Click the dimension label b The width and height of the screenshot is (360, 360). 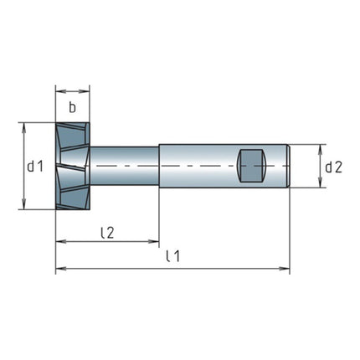click(x=73, y=106)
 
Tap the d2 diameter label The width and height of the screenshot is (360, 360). click(x=333, y=166)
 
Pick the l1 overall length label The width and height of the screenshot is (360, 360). click(x=172, y=256)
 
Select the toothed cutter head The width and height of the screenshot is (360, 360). click(x=73, y=166)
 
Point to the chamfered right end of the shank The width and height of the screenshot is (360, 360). click(x=288, y=166)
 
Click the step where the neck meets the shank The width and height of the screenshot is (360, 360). click(x=158, y=166)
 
